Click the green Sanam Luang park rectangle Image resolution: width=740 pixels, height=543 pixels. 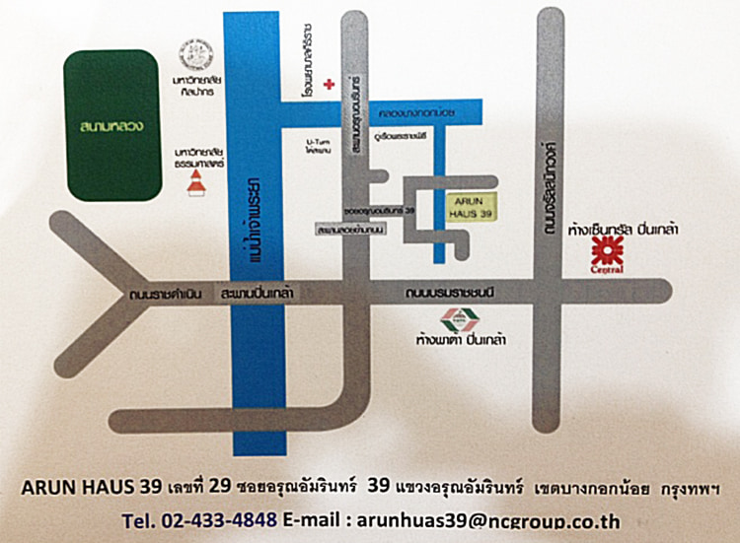111,125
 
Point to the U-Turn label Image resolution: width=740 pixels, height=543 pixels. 315,145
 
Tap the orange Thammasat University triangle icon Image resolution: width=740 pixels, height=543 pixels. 198,183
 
